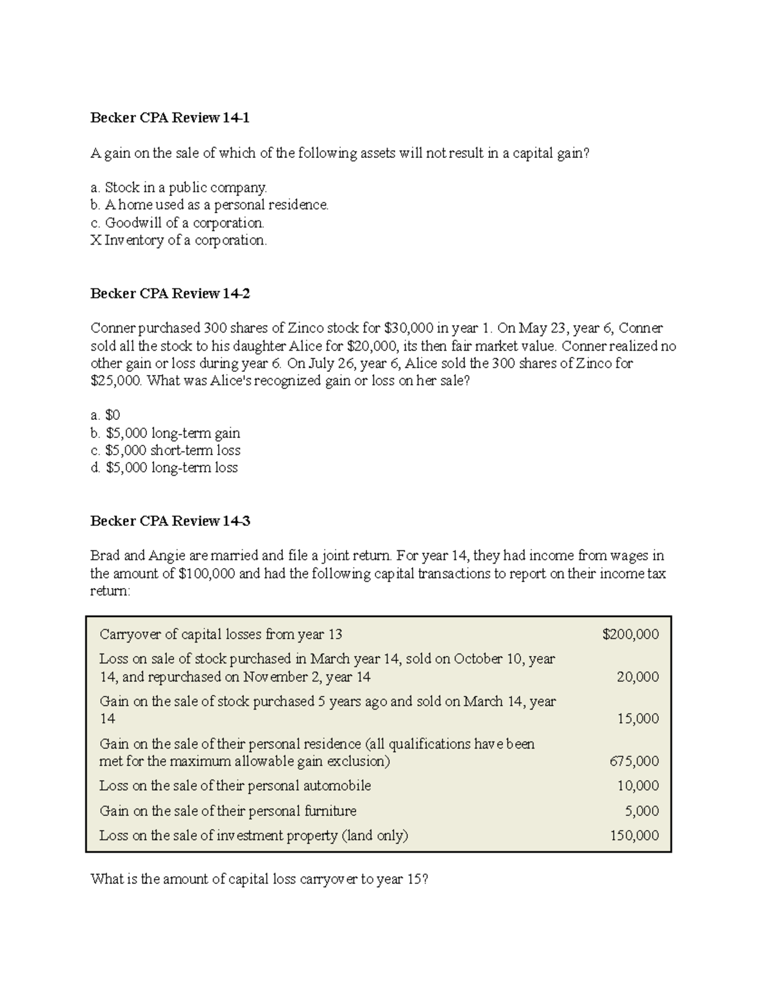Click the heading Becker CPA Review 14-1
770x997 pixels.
point(170,118)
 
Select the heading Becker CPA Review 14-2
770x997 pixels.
point(170,294)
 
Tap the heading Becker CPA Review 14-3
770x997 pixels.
point(170,521)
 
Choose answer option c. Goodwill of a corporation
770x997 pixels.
point(178,223)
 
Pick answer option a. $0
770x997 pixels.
point(106,416)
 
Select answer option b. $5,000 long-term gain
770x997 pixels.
point(166,433)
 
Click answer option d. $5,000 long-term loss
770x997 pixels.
point(164,468)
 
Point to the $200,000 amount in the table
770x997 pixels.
point(630,635)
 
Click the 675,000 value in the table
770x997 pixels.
point(634,762)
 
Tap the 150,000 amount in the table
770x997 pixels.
point(634,836)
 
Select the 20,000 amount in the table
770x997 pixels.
point(638,677)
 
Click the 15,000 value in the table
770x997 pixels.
point(638,719)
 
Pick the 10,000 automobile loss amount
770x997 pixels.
point(638,786)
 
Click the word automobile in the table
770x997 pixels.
point(337,786)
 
